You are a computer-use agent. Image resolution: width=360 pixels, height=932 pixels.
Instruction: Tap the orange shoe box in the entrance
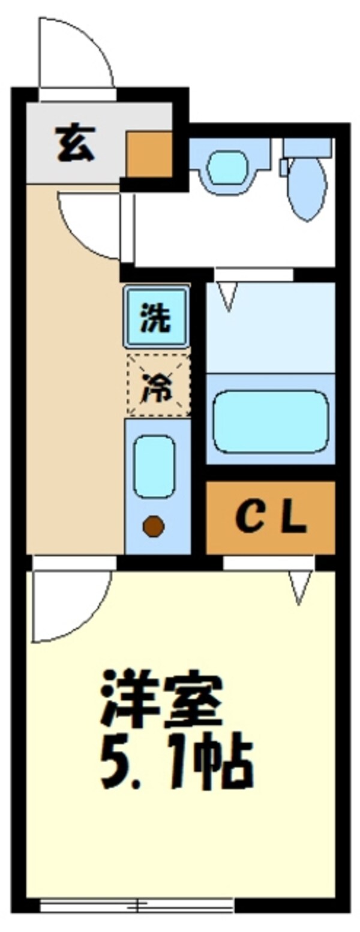(149, 154)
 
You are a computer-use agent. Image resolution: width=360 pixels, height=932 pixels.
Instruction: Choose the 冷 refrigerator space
(158, 384)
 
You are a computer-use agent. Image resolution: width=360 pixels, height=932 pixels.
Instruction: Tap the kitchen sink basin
(154, 466)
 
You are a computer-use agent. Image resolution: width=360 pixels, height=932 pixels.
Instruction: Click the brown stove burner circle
(154, 526)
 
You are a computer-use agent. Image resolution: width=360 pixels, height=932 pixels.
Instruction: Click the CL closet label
(271, 518)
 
